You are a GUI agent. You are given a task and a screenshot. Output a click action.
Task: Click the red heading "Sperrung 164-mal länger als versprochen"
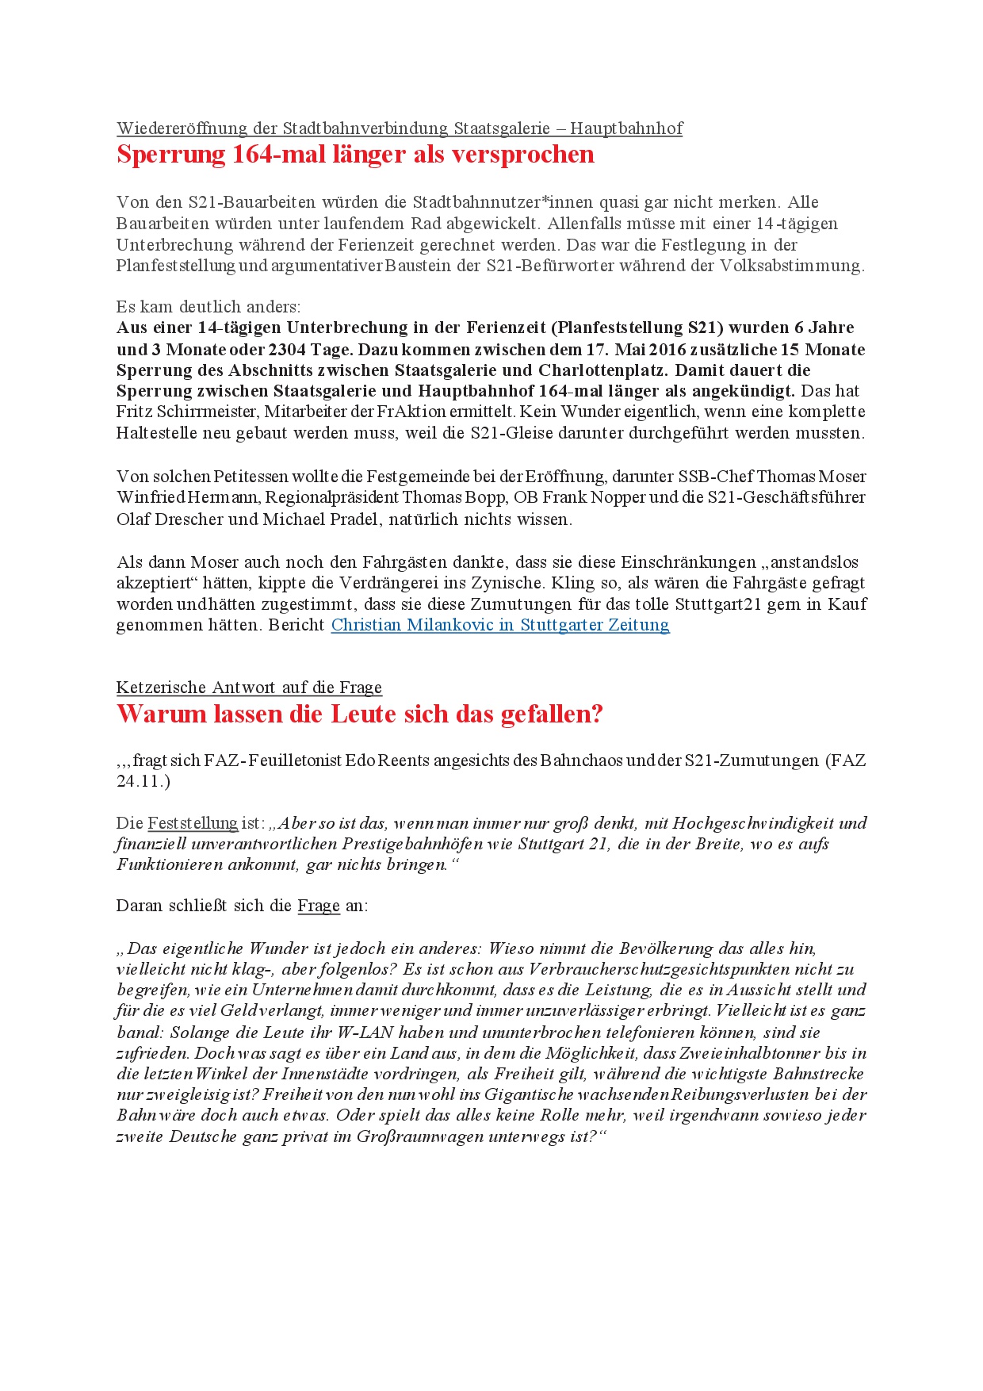coord(355,154)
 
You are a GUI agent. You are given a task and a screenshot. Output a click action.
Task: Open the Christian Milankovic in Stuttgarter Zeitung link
coord(500,625)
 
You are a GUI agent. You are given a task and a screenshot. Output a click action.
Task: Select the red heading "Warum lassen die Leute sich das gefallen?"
coord(359,714)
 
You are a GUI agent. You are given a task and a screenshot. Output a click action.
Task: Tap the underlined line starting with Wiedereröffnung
coord(400,128)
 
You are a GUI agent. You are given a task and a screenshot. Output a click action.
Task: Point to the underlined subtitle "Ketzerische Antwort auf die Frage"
coord(249,687)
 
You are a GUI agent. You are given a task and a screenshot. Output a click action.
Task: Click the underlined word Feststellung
coord(193,823)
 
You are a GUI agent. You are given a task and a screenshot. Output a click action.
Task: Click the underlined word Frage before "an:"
coord(319,906)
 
